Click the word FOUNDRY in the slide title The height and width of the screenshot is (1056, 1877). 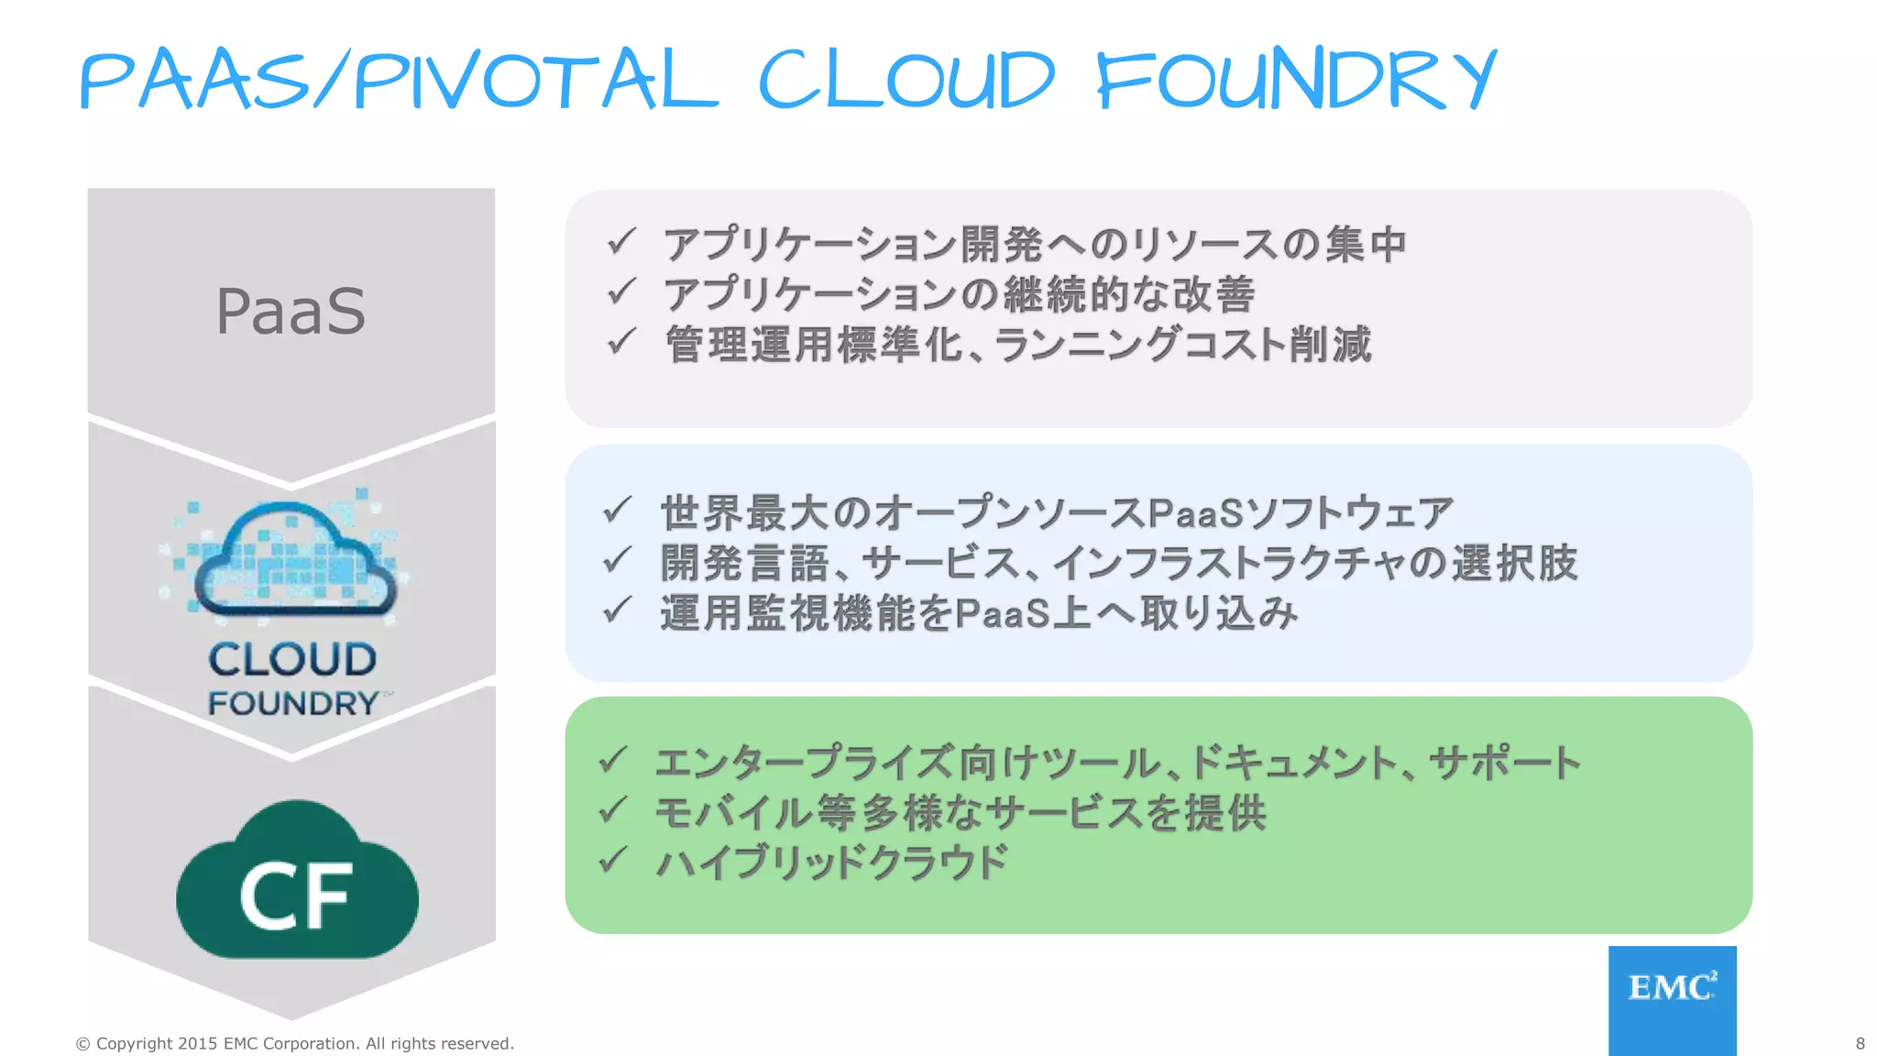click(x=1296, y=81)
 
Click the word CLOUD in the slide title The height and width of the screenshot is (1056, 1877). click(x=907, y=81)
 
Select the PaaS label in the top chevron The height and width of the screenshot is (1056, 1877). click(x=291, y=311)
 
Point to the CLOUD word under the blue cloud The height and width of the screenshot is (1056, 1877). click(x=292, y=659)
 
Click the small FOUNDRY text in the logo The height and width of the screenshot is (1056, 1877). click(x=293, y=703)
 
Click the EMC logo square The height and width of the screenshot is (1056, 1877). click(x=1672, y=999)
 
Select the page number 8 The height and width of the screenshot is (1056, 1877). click(x=1860, y=1043)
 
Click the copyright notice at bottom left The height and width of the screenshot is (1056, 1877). click(x=294, y=1043)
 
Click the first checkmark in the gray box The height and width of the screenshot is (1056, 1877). click(x=621, y=241)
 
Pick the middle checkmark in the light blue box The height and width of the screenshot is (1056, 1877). click(x=617, y=559)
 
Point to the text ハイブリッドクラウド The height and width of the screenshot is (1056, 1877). click(x=832, y=862)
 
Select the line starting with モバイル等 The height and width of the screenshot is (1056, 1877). click(x=960, y=812)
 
